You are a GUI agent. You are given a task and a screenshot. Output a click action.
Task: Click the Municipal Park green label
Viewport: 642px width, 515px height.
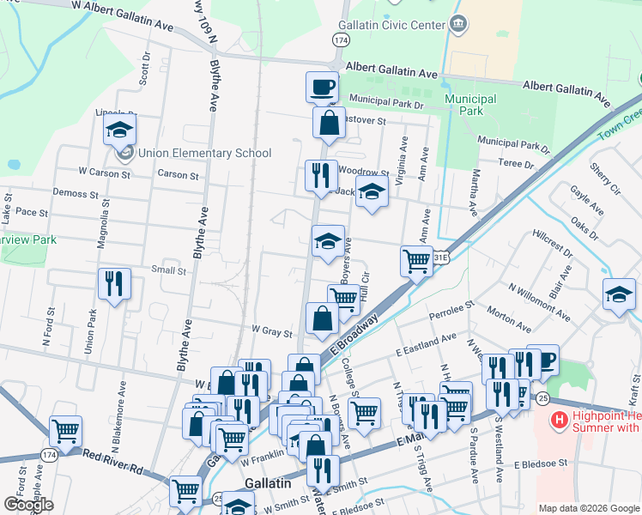pyautogui.click(x=470, y=105)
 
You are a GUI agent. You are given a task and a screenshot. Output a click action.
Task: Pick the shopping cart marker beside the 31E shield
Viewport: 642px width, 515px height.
pyautogui.click(x=417, y=259)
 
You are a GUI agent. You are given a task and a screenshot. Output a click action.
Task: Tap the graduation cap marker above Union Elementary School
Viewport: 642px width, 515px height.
pyautogui.click(x=119, y=130)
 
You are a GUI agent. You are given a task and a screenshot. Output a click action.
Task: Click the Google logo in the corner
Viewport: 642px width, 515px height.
pyautogui.click(x=28, y=505)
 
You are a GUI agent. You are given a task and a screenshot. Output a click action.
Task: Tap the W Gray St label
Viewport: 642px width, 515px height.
pyautogui.click(x=272, y=330)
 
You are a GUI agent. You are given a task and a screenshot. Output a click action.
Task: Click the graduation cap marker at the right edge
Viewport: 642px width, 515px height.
pyautogui.click(x=619, y=294)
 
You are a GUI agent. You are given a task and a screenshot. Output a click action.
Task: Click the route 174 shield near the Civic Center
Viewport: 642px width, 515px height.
pyautogui.click(x=342, y=40)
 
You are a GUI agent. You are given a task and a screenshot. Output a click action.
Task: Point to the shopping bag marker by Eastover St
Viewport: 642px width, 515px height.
pyautogui.click(x=329, y=123)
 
